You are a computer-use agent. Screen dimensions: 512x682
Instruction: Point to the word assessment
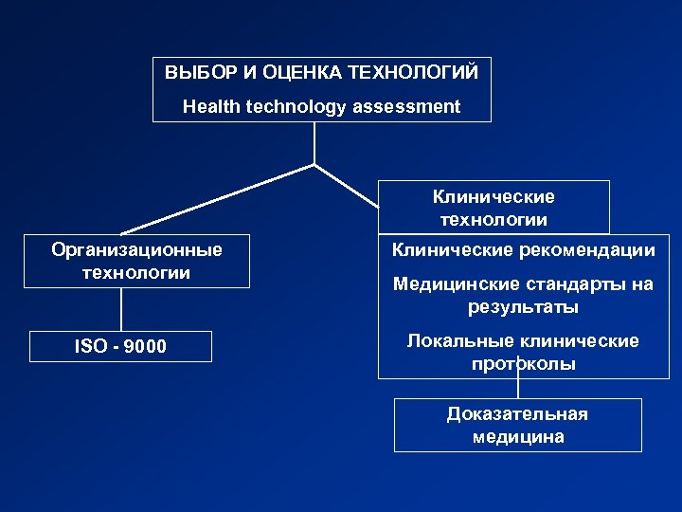(x=406, y=106)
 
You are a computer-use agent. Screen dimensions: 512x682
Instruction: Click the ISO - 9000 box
(x=120, y=347)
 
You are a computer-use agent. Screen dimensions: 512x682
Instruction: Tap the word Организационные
(x=137, y=250)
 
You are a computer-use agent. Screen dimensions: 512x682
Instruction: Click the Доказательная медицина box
(x=517, y=425)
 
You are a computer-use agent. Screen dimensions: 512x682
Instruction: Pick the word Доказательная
(x=517, y=414)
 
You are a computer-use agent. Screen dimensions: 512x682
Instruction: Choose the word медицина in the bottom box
(x=517, y=437)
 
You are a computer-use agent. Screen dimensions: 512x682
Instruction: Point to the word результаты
(x=523, y=308)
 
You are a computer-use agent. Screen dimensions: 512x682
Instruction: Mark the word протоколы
(x=523, y=364)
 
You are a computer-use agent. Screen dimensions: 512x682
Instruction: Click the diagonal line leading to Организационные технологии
(x=218, y=198)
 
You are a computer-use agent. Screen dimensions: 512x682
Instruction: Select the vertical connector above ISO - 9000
(x=121, y=309)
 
